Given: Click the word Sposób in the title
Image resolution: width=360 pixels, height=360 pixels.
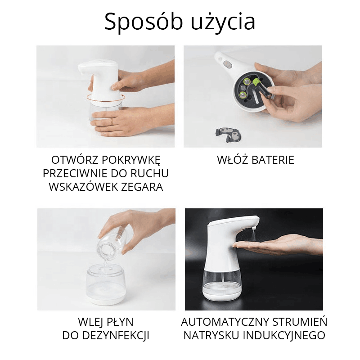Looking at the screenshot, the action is tap(144, 22).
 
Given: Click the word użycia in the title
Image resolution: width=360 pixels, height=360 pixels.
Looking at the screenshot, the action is tap(223, 22).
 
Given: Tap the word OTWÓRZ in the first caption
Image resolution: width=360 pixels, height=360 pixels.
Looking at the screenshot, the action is tap(74, 160).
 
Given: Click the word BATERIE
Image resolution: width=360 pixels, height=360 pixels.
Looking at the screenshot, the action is tap(273, 160).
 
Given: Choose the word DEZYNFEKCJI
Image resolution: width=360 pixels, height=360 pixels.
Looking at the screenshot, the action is tap(116, 335).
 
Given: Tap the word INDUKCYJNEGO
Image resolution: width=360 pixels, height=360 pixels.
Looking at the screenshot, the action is tap(284, 335).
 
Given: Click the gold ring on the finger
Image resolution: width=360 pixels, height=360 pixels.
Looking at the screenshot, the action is tap(112, 121).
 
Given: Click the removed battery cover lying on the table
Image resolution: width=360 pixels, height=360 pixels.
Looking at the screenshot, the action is tap(228, 135).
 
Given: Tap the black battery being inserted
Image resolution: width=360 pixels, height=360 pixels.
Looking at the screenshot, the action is tap(264, 90).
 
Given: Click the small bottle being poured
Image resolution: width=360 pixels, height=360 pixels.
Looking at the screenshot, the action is tap(113, 243).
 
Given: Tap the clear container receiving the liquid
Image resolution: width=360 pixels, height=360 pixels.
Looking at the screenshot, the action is tap(106, 284).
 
